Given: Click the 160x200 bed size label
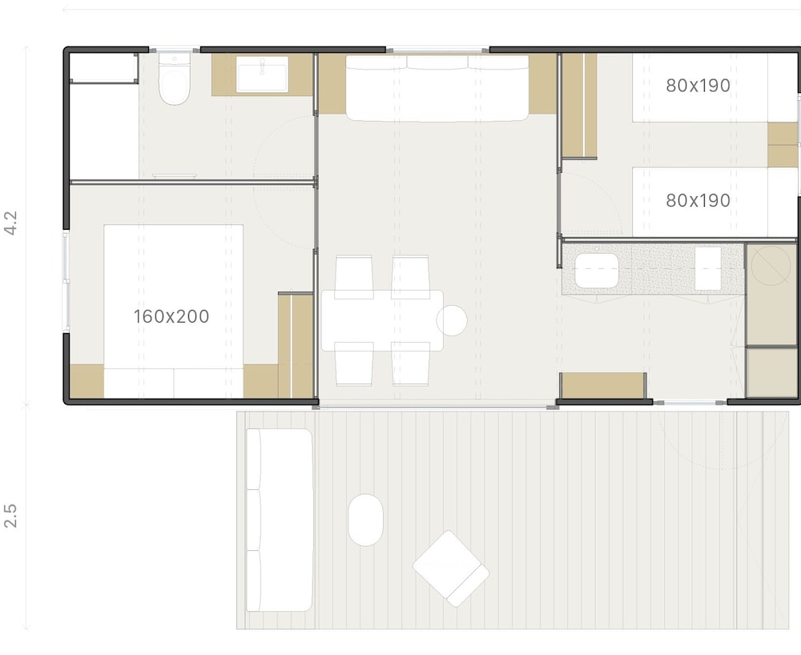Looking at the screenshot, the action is [x=171, y=316].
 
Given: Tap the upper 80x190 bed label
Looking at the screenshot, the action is [x=698, y=86].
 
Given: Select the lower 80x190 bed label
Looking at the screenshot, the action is [x=698, y=201].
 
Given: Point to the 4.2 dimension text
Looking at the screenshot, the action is [x=10, y=223].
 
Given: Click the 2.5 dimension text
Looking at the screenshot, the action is [x=10, y=516].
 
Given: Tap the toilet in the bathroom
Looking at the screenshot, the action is [x=174, y=79].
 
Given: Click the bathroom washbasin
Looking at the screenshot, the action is [x=262, y=74].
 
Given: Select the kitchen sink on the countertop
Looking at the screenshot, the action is [x=597, y=271].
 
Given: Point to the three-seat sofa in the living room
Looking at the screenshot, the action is [x=437, y=88].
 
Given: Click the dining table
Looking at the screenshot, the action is [x=382, y=320].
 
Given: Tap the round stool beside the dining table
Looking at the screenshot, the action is [x=452, y=320].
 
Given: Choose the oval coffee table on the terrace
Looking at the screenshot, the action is [x=366, y=520].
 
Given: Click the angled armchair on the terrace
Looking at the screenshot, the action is [x=450, y=569].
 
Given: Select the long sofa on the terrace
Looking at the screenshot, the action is [x=280, y=520].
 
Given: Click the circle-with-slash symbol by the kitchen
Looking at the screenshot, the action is [x=771, y=266].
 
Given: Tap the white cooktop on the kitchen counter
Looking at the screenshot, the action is [x=708, y=268].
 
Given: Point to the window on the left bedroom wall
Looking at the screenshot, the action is [x=66, y=281].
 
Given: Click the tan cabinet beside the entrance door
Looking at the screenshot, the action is [x=603, y=385].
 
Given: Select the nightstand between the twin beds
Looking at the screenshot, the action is [x=783, y=144].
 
